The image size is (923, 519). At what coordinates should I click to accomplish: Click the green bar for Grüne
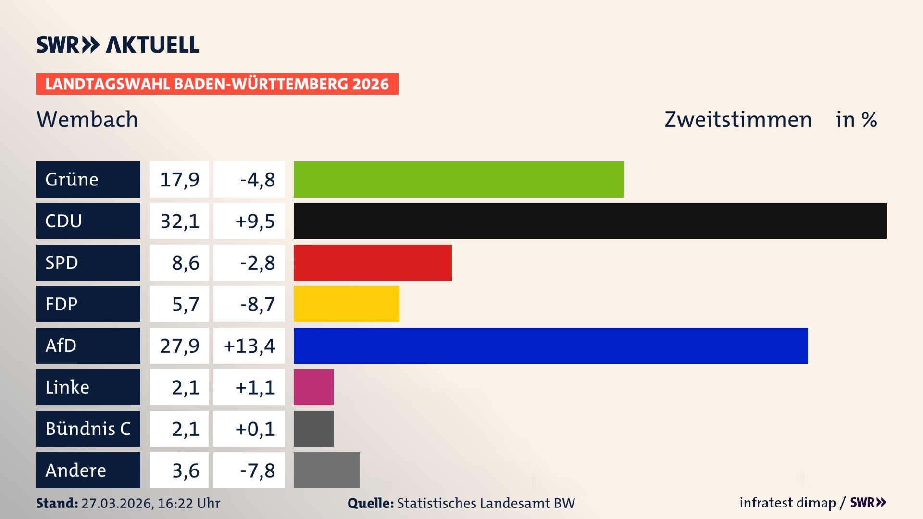(458, 179)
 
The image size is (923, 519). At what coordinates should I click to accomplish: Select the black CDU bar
(590, 221)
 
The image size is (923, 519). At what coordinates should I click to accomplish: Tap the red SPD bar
(373, 262)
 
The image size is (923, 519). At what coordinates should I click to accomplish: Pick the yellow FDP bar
(346, 304)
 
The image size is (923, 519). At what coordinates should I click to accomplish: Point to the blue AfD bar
(550, 346)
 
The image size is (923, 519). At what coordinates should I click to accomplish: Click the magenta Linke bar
(313, 387)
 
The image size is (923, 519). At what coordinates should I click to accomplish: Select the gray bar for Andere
(326, 470)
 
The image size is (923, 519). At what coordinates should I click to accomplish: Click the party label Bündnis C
(88, 429)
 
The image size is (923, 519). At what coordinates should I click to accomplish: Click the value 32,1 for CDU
(179, 221)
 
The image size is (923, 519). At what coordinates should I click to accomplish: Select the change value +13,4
(249, 346)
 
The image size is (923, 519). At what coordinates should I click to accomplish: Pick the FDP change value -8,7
(257, 304)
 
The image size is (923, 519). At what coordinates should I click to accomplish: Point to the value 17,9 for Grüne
(179, 180)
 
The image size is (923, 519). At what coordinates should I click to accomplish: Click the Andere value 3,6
(185, 470)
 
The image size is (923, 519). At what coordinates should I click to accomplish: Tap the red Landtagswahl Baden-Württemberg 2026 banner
(217, 84)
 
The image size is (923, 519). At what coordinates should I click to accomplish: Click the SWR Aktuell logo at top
(118, 45)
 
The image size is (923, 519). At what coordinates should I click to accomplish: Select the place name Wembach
(87, 119)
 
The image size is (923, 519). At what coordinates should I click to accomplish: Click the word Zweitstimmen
(738, 120)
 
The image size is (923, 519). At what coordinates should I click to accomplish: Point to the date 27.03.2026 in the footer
(117, 503)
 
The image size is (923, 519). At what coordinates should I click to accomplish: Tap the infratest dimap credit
(787, 503)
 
